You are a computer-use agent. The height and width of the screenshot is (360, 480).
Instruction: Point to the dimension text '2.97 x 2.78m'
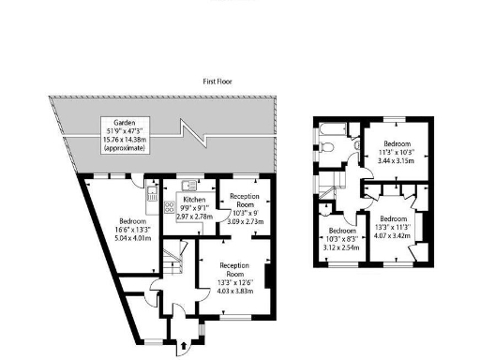(x=195, y=217)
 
